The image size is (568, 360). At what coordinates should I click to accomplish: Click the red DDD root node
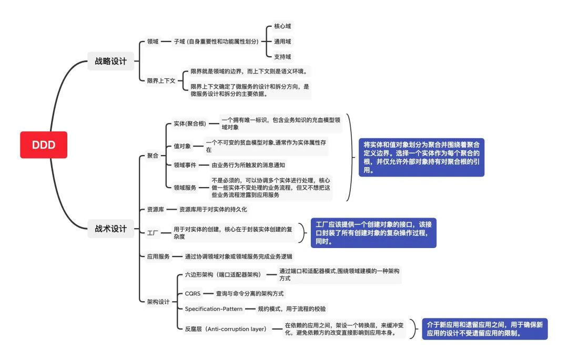click(x=44, y=145)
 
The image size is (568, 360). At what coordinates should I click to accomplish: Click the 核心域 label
click(x=282, y=26)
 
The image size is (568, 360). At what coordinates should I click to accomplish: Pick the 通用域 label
click(x=282, y=41)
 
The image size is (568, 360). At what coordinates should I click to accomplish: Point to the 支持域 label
click(x=282, y=56)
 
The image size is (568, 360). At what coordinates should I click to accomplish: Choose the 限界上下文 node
click(x=161, y=80)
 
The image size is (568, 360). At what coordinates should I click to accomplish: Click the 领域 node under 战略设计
click(x=153, y=41)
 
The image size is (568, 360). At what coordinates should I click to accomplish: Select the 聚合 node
click(x=153, y=156)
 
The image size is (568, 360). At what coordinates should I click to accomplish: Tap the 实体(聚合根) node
click(x=189, y=124)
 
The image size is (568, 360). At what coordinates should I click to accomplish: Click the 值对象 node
click(x=182, y=146)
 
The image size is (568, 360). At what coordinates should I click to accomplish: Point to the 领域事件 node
click(x=185, y=165)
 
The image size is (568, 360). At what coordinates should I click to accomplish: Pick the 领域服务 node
click(x=185, y=187)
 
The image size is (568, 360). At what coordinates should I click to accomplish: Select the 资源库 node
click(x=156, y=209)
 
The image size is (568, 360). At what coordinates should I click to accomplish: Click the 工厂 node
click(x=153, y=232)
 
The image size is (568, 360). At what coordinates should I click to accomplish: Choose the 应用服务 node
click(x=158, y=257)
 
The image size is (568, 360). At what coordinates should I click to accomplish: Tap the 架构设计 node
click(x=158, y=302)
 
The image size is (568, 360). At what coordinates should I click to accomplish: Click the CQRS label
click(x=192, y=293)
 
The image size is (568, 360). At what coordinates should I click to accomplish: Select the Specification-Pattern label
click(x=214, y=308)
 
